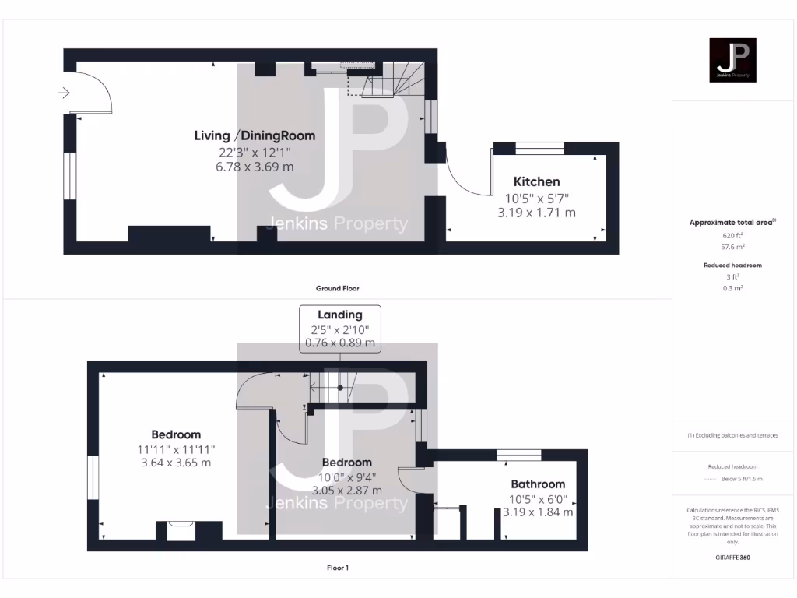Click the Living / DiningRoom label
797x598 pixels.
(x=255, y=135)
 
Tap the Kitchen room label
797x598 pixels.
(x=536, y=181)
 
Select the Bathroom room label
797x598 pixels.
(x=538, y=484)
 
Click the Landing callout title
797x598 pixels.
(x=340, y=315)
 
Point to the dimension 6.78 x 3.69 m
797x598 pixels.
(x=255, y=167)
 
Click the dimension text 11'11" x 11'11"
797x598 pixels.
(x=175, y=449)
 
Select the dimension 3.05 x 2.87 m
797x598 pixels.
(x=346, y=491)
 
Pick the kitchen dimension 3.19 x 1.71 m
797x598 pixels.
(x=536, y=213)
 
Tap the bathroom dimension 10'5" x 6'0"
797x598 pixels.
(x=538, y=498)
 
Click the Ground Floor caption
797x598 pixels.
(x=337, y=288)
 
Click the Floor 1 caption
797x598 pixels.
(x=337, y=568)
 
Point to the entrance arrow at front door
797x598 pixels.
(x=63, y=93)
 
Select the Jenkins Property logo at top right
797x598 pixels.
(x=733, y=60)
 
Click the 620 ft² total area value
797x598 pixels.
(x=733, y=234)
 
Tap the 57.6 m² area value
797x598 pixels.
(x=733, y=246)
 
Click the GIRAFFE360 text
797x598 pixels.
(x=733, y=558)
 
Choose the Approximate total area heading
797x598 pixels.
(x=732, y=223)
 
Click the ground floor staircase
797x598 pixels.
(x=397, y=77)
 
